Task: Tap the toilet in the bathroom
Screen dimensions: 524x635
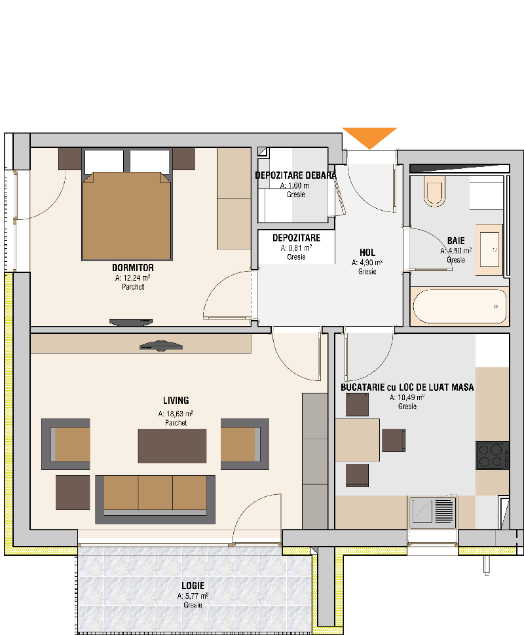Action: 434,191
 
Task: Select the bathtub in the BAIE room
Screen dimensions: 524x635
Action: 460,306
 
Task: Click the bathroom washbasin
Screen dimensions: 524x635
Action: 489,249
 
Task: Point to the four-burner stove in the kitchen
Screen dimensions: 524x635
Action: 493,455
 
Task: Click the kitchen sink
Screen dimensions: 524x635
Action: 432,511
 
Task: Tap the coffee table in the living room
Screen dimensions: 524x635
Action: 172,446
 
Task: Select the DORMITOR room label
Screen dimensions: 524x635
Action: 133,268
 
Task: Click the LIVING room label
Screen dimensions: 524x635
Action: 176,401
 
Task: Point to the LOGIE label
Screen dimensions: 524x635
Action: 193,586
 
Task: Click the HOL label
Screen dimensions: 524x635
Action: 367,253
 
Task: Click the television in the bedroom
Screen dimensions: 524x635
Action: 131,322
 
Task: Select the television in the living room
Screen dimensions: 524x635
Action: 161,346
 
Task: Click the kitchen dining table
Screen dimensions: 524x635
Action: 358,440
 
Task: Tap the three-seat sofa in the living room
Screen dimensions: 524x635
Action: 155,499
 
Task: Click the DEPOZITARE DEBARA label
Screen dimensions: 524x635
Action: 296,175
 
